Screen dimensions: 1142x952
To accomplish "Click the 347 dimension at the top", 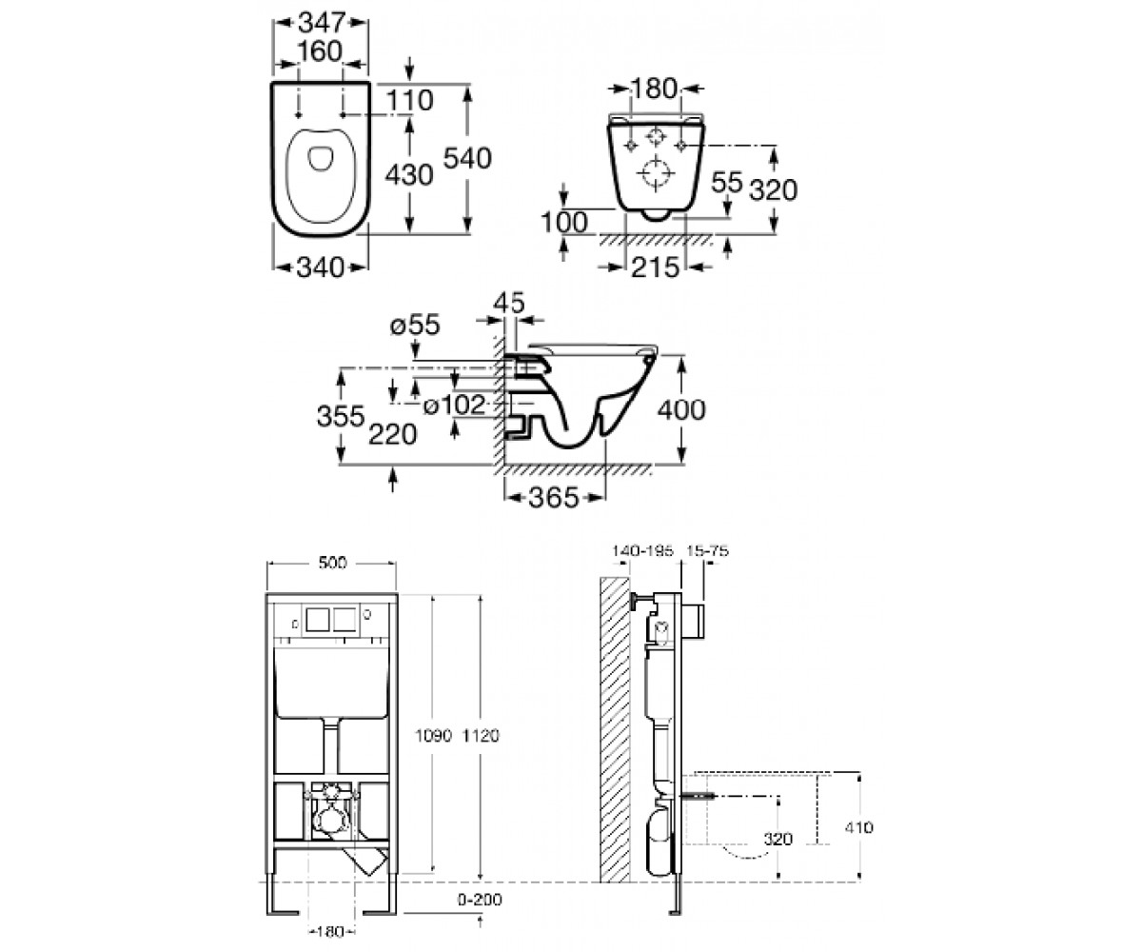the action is click(x=321, y=23).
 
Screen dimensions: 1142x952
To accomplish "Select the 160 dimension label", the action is click(x=320, y=52).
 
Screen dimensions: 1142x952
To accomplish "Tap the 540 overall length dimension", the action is click(x=467, y=159).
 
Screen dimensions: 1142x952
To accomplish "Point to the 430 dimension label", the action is click(x=409, y=175).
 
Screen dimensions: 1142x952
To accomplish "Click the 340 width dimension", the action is click(x=321, y=268).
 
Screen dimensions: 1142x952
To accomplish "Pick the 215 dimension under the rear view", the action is click(x=656, y=267).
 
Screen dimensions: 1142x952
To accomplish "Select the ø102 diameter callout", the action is click(x=455, y=406).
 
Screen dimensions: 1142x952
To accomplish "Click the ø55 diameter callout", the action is click(x=415, y=325).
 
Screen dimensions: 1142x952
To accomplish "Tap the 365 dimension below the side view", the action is click(x=554, y=497).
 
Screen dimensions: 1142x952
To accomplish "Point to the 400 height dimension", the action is click(x=681, y=409).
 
